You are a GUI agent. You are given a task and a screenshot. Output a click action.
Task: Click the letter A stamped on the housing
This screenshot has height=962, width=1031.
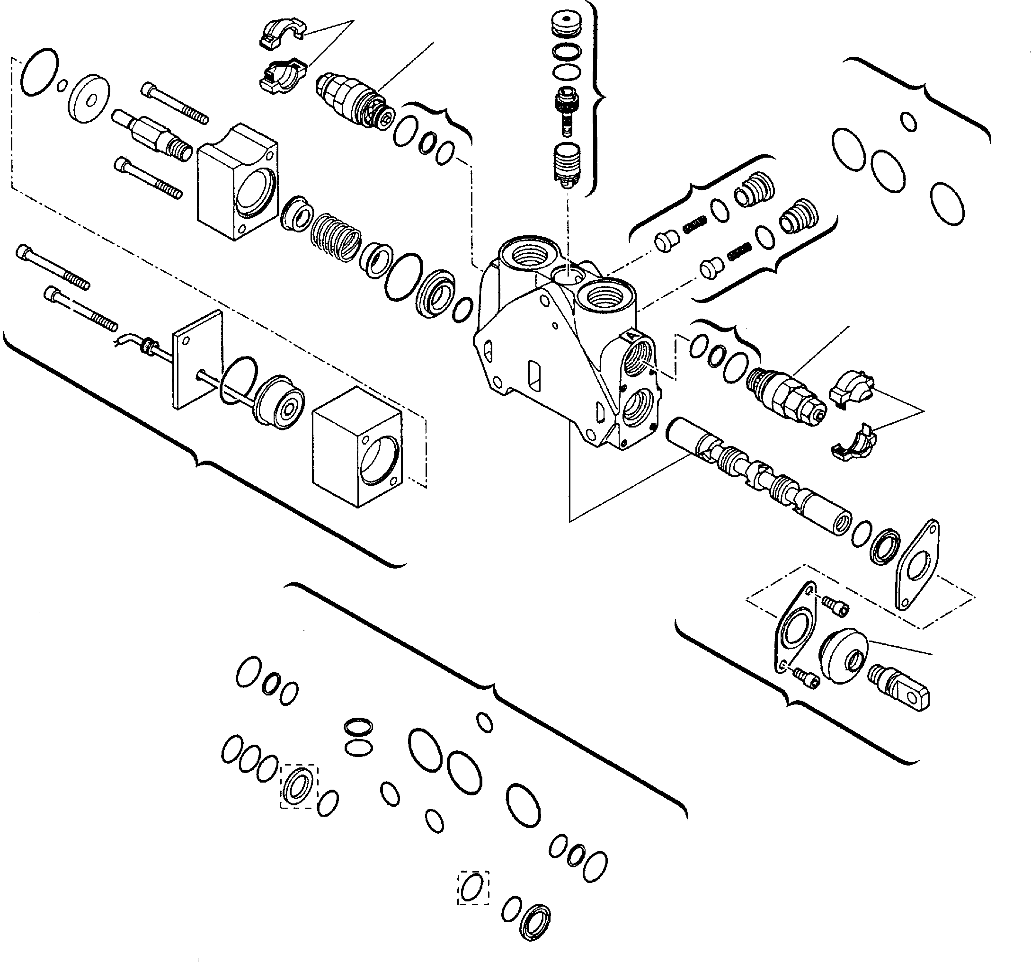point(631,336)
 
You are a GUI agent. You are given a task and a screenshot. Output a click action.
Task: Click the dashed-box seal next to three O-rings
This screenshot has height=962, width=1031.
point(299,786)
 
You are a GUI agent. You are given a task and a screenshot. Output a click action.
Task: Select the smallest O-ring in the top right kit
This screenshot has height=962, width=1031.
point(908,121)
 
